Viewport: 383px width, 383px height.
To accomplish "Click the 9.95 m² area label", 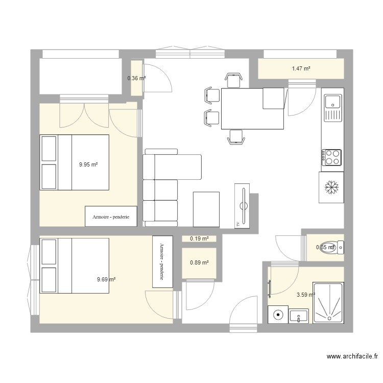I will coord(88,164).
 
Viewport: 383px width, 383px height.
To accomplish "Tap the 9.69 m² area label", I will coord(106,279).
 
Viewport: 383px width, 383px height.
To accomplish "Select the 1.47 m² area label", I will coord(301,68).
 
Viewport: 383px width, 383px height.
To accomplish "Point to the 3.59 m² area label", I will coord(305,294).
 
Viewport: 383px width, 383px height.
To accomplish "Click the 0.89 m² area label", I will coord(199,263).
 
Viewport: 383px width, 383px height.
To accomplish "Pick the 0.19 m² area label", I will coord(199,238).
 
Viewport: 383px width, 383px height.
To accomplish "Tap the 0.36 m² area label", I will coord(136,78).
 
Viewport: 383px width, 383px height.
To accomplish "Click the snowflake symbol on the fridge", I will coord(331,187).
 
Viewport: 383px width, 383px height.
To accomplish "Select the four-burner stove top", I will coord(331,157).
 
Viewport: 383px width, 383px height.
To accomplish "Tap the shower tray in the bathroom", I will coord(328,303).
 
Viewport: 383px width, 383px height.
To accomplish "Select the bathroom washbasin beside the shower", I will coord(299,316).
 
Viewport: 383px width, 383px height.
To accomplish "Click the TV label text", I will coord(238,224).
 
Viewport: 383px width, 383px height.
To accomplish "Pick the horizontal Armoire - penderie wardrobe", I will coord(111,217).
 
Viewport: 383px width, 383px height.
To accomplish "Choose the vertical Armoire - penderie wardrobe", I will coord(163,261).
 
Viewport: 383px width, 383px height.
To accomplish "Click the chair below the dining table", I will coord(235,137).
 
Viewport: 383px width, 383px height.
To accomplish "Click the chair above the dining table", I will coord(233,80).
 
